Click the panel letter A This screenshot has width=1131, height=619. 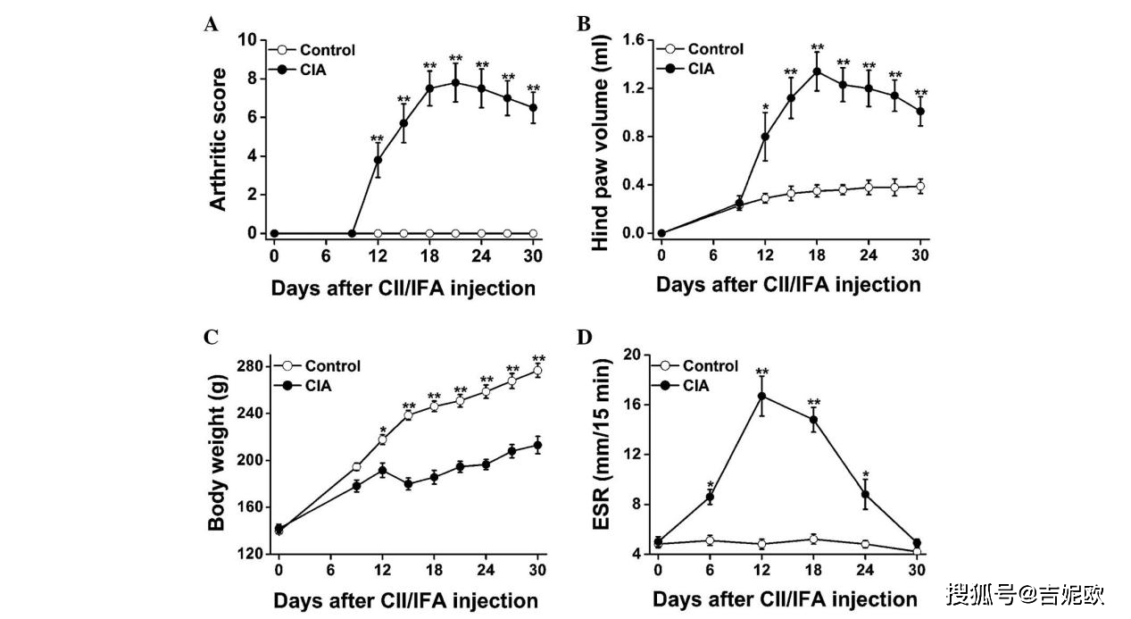(211, 25)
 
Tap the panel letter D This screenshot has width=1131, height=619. (586, 337)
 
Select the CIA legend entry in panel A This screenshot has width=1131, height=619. (303, 70)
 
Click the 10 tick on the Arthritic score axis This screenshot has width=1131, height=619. (248, 40)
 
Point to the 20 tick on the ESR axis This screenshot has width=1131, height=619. (632, 355)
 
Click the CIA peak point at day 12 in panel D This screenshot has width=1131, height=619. (762, 396)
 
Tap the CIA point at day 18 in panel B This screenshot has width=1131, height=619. (816, 71)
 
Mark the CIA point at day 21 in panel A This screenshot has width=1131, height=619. (455, 82)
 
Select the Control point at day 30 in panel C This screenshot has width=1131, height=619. (537, 371)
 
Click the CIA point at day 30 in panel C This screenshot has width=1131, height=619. (537, 445)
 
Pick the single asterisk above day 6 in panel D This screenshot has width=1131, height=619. (711, 483)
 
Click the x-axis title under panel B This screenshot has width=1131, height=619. (788, 285)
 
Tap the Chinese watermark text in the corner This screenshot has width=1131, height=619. (1025, 593)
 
